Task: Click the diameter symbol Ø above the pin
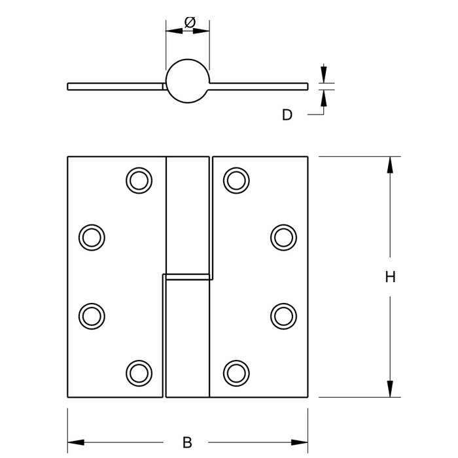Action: tap(189, 23)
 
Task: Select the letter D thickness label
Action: tap(287, 115)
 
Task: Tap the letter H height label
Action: tap(390, 277)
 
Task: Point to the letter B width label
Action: tap(187, 442)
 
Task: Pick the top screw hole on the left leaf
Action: tap(138, 180)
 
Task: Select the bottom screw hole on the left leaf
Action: tap(138, 372)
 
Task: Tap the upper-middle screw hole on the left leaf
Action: tap(91, 236)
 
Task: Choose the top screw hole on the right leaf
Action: tap(236, 180)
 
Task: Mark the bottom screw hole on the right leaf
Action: tap(236, 372)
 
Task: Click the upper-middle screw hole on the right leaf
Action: tap(283, 236)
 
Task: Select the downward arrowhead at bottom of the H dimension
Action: tap(390, 390)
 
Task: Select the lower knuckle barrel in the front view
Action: tap(186, 337)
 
